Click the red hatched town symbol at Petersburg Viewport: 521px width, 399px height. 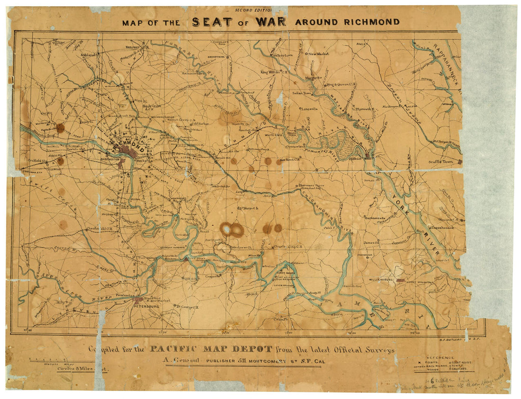138,299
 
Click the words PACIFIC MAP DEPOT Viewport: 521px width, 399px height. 211,349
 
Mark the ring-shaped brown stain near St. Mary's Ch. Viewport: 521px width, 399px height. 232,230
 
